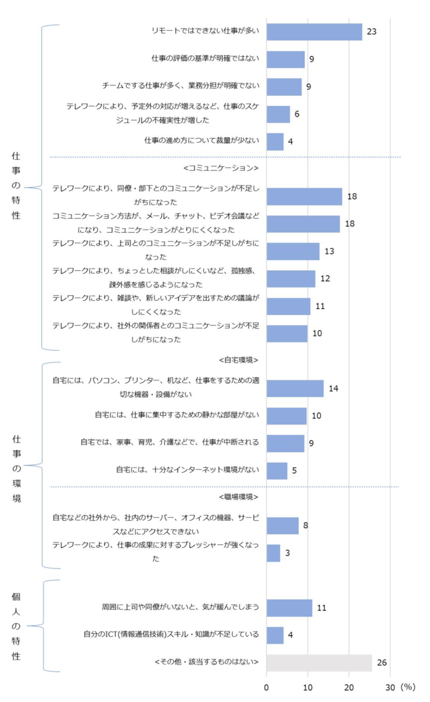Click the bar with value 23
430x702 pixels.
314,32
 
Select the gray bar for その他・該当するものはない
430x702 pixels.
319,663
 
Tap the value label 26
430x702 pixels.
382,663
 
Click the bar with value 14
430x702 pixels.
295,389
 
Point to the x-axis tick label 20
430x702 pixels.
349,687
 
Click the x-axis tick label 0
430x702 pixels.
267,687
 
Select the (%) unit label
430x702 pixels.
408,687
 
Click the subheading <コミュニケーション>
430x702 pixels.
221,168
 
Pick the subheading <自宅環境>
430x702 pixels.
239,359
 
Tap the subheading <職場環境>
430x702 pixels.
239,497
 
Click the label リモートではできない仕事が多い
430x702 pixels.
205,31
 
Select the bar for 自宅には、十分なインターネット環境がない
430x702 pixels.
277,471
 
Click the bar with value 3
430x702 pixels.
273,553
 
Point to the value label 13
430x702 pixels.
329,251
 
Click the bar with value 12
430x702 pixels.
291,279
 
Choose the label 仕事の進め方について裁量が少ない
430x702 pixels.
202,141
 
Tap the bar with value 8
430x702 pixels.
283,526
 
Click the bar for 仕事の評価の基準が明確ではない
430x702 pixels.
286,59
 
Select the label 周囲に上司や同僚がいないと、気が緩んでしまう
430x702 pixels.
180,607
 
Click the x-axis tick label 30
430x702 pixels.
390,687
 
